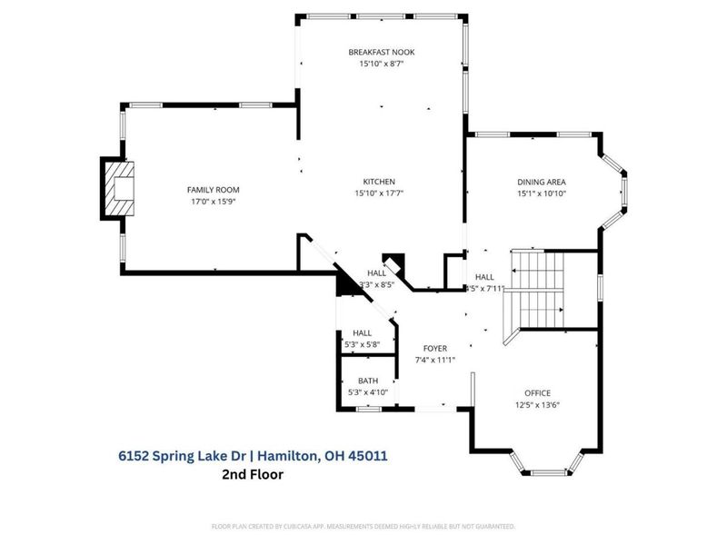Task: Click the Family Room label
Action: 213,189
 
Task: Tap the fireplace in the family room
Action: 116,189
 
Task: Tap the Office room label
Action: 537,392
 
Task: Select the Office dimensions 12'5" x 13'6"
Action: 537,405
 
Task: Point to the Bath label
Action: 368,381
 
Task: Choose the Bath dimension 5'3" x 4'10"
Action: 368,392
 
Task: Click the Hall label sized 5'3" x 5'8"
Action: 363,333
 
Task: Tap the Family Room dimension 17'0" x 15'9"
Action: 213,202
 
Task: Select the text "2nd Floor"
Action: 253,474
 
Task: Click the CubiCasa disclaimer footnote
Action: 363,526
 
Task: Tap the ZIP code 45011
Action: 369,455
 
